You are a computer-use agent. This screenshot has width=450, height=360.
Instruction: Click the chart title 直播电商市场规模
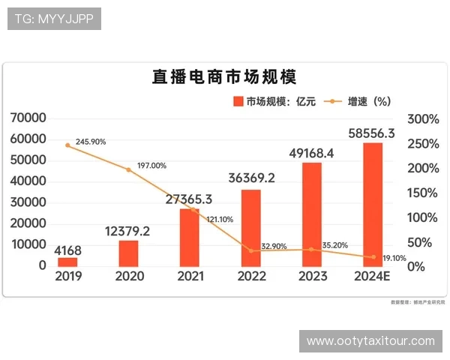click(x=225, y=78)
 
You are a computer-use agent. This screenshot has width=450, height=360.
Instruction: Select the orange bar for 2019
click(x=67, y=262)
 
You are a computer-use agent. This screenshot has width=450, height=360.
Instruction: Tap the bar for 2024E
click(x=373, y=204)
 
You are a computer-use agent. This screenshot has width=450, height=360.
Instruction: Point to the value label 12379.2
click(x=128, y=231)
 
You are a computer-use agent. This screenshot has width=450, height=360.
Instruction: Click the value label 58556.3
click(x=373, y=133)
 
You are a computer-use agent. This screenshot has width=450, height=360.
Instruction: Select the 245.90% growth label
click(x=91, y=141)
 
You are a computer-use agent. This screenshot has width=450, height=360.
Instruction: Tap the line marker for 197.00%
click(x=128, y=170)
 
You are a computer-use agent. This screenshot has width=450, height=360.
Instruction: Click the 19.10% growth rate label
click(x=393, y=257)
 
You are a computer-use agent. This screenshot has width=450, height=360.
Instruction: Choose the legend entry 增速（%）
click(x=361, y=101)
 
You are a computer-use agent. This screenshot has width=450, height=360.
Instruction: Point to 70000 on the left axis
click(x=28, y=118)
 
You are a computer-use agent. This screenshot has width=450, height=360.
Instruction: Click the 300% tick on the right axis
click(x=423, y=118)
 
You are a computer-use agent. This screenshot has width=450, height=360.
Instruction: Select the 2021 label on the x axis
click(x=190, y=276)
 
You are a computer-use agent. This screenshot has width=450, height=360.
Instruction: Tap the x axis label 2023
click(x=312, y=276)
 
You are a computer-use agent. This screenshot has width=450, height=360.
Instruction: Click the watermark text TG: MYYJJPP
click(x=54, y=19)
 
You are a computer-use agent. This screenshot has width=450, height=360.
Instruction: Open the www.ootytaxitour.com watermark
click(x=370, y=341)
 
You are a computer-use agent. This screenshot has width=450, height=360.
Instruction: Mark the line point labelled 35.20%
click(x=312, y=250)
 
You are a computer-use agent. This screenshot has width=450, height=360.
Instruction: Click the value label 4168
click(x=67, y=250)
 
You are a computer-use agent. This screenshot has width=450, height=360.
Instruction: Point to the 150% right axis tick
click(x=423, y=193)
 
